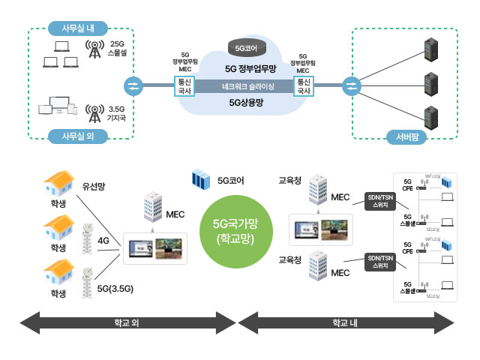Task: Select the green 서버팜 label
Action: pyautogui.click(x=406, y=136)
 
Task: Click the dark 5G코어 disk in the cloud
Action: pyautogui.click(x=245, y=48)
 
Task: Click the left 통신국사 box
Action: pyautogui.click(x=184, y=86)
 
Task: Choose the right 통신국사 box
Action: pyautogui.click(x=303, y=86)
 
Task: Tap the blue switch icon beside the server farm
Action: pyautogui.click(x=350, y=86)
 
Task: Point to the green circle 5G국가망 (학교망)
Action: pyautogui.click(x=235, y=232)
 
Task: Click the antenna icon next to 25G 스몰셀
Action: pyautogui.click(x=94, y=49)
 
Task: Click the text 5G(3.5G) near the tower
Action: pyautogui.click(x=115, y=288)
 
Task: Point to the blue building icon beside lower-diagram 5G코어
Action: pyautogui.click(x=201, y=181)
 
